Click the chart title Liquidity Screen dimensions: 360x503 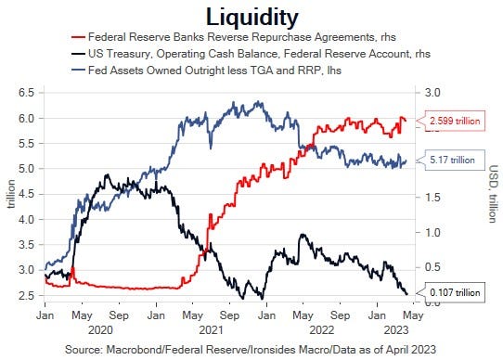tap(252, 17)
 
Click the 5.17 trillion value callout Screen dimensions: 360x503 tap(451, 160)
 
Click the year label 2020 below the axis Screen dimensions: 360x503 tap(103, 328)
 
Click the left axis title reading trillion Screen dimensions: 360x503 tap(10, 196)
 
